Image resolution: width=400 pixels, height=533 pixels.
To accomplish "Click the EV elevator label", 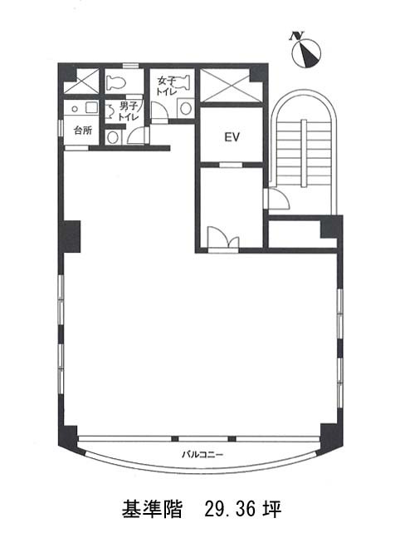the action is pyautogui.click(x=232, y=137).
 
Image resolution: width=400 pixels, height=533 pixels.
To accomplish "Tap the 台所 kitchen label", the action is pyautogui.click(x=82, y=131).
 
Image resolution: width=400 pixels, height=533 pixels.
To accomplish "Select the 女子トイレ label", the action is pyautogui.click(x=166, y=86).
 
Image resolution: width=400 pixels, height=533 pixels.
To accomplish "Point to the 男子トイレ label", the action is pyautogui.click(x=129, y=111).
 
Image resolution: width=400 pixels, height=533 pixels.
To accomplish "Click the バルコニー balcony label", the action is pyautogui.click(x=202, y=455).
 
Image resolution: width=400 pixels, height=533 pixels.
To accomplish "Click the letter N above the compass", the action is pyautogui.click(x=297, y=36).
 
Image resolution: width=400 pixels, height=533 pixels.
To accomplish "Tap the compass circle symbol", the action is pyautogui.click(x=306, y=53).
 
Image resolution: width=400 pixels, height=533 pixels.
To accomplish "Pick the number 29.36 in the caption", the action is pyautogui.click(x=230, y=509).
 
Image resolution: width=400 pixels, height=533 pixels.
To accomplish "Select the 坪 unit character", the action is pyautogui.click(x=272, y=509).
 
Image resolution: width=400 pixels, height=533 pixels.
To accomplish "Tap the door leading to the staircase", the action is pyautogui.click(x=277, y=199).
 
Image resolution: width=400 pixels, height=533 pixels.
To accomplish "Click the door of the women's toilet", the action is pyautogui.click(x=159, y=112).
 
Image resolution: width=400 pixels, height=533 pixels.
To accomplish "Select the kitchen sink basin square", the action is pyautogui.click(x=91, y=108).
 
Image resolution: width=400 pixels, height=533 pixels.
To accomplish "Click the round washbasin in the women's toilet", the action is pyautogui.click(x=186, y=108).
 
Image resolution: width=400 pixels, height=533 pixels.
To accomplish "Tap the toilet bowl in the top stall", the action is pyautogui.click(x=116, y=82).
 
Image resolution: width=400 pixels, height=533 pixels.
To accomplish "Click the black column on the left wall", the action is pyautogui.click(x=72, y=237).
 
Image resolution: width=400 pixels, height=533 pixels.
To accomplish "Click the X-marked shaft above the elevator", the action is pyautogui.click(x=232, y=85).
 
